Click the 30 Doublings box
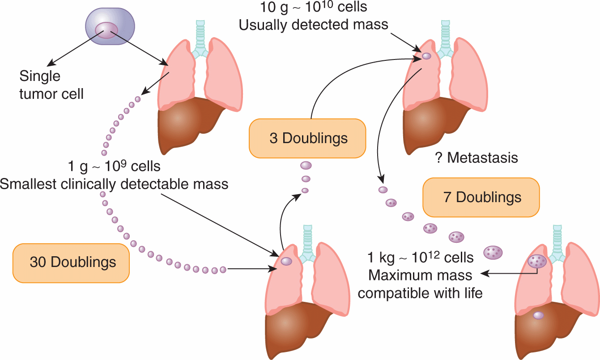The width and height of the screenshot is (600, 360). tap(72, 263)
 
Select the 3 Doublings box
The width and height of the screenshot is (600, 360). tap(308, 138)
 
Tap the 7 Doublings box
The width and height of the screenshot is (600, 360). tap(481, 197)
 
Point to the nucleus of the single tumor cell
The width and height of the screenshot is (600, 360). tap(106, 30)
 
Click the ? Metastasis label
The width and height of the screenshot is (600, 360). tap(476, 157)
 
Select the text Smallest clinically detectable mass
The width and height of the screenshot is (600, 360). tap(114, 184)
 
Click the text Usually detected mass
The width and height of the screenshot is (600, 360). tap(313, 25)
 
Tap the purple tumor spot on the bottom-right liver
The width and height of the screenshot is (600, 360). tap(538, 315)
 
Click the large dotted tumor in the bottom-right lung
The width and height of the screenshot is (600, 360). tap(536, 261)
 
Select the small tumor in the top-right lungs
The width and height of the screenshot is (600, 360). tap(426, 56)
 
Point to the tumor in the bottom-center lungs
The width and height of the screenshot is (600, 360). tap(286, 261)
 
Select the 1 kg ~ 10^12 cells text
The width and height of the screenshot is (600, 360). tap(420, 258)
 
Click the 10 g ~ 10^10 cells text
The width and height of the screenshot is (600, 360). tap(313, 7)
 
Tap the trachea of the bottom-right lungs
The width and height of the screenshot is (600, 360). tap(557, 241)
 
